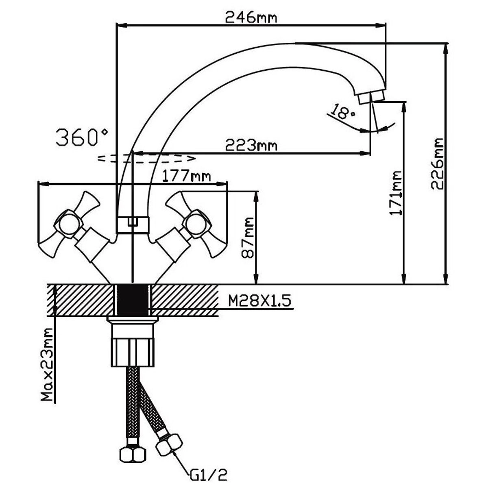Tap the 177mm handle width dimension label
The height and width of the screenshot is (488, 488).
tap(187, 176)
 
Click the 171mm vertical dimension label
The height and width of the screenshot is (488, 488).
tap(395, 194)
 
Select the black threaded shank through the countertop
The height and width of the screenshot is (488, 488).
tap(133, 300)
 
